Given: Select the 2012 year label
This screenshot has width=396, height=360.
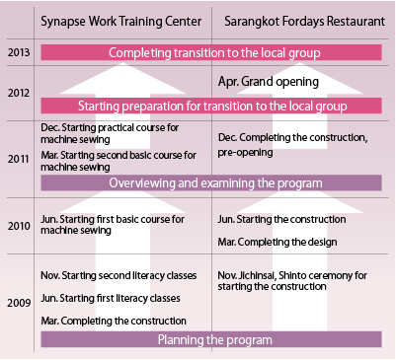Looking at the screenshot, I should (17, 92).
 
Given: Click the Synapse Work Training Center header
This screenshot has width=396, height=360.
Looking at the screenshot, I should (119, 21).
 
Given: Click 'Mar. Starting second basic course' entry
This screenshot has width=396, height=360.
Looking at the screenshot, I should (118, 161).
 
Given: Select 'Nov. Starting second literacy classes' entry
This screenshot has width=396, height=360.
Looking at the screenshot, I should (118, 274).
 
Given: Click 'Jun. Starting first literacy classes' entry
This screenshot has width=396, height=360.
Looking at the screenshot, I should (110, 298).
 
